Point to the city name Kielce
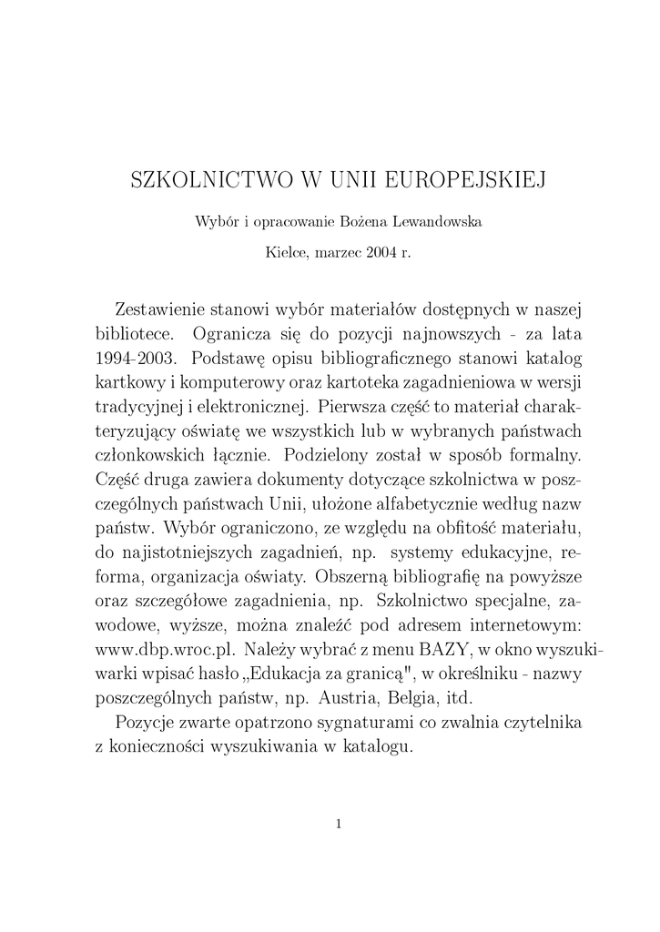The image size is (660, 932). [x=284, y=252]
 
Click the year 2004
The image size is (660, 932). [x=381, y=252]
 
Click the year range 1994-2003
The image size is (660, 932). [x=137, y=355]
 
